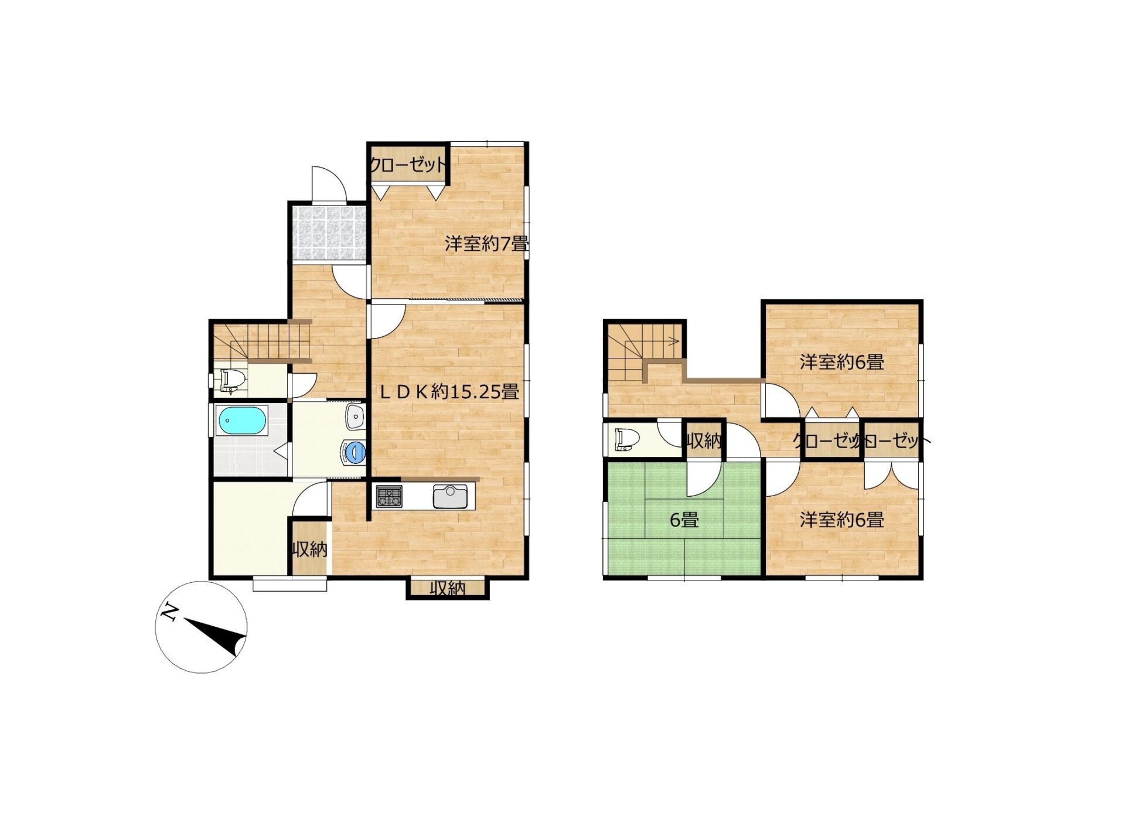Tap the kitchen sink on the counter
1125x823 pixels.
[450, 497]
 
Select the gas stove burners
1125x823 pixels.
[389, 497]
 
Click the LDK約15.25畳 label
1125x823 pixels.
[449, 391]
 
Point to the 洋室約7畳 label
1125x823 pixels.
[486, 244]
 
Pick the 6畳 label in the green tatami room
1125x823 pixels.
[684, 520]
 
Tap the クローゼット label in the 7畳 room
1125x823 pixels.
[408, 166]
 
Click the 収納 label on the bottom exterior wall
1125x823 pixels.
[448, 588]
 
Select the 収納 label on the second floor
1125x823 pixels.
[704, 440]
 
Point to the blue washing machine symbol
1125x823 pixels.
[354, 452]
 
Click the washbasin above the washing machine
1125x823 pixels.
[356, 416]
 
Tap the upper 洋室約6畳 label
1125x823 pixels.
[842, 362]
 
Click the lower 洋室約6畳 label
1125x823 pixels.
[842, 520]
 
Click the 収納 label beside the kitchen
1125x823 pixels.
[310, 549]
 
